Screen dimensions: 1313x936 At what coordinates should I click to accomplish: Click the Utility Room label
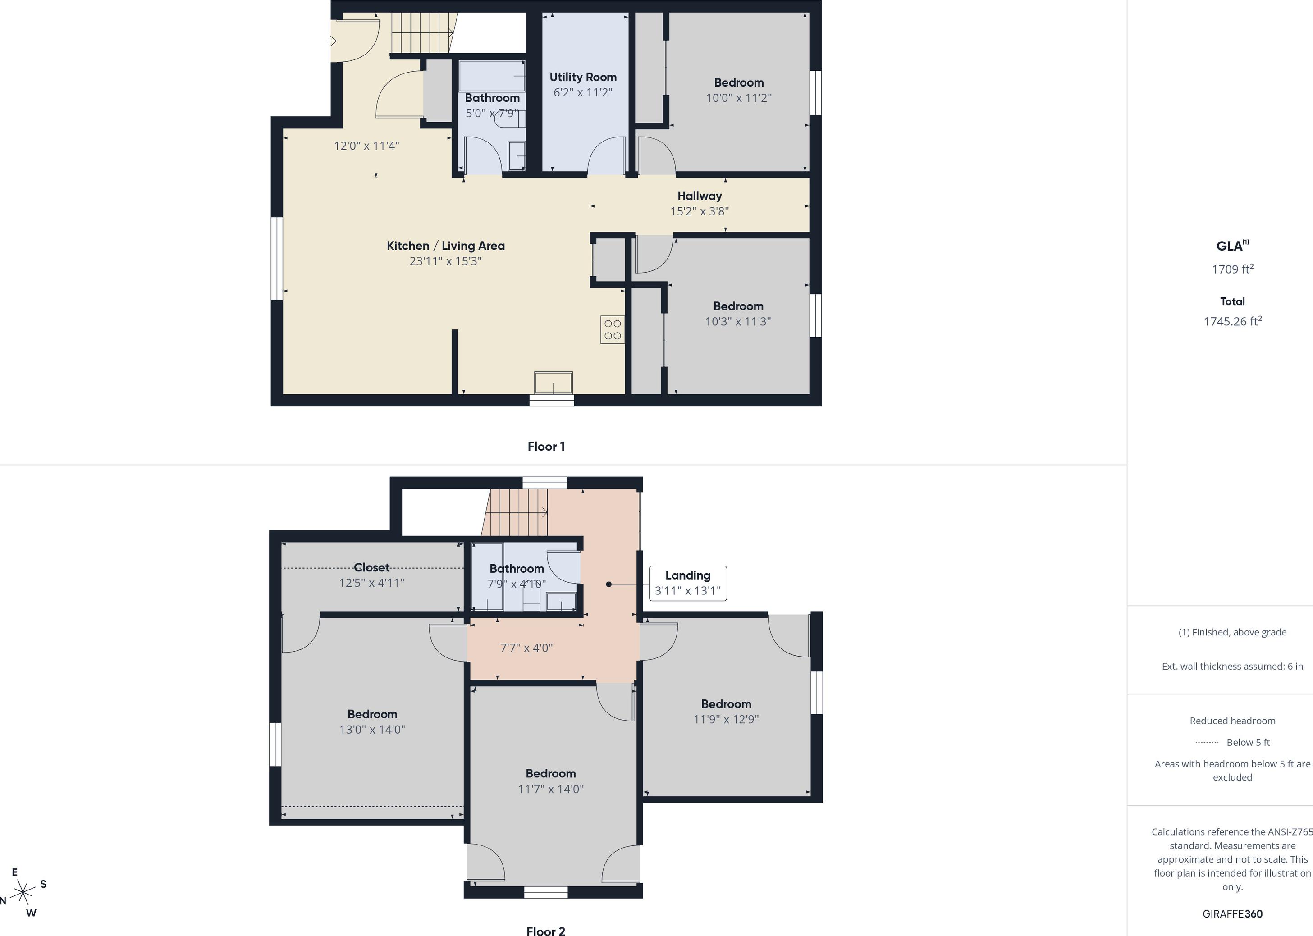pos(583,77)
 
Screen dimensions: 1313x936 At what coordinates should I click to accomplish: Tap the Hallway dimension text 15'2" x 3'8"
pos(699,211)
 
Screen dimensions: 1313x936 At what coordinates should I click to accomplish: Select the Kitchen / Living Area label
pos(445,246)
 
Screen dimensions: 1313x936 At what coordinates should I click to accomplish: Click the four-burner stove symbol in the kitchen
pos(612,330)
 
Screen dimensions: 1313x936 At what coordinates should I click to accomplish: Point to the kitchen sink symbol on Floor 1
pos(554,383)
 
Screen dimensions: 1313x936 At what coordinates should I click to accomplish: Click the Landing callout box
pos(688,583)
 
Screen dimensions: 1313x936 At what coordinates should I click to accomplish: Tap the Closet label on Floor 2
pos(371,568)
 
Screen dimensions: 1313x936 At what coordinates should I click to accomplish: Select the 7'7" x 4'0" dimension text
pos(526,648)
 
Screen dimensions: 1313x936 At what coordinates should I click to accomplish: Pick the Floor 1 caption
pos(546,447)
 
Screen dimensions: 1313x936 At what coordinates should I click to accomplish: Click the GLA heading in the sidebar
pos(1232,246)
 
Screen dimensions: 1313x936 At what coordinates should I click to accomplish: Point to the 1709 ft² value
pos(1232,269)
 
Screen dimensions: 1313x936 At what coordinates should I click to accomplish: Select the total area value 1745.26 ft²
pos(1232,322)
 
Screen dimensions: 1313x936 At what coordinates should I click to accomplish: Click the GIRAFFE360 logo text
pos(1232,914)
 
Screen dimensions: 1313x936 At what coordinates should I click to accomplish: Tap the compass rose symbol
pos(23,893)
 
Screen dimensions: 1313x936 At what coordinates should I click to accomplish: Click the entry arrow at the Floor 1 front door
pos(331,41)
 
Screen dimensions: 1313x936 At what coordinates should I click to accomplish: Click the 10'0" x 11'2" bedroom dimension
pos(738,98)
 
